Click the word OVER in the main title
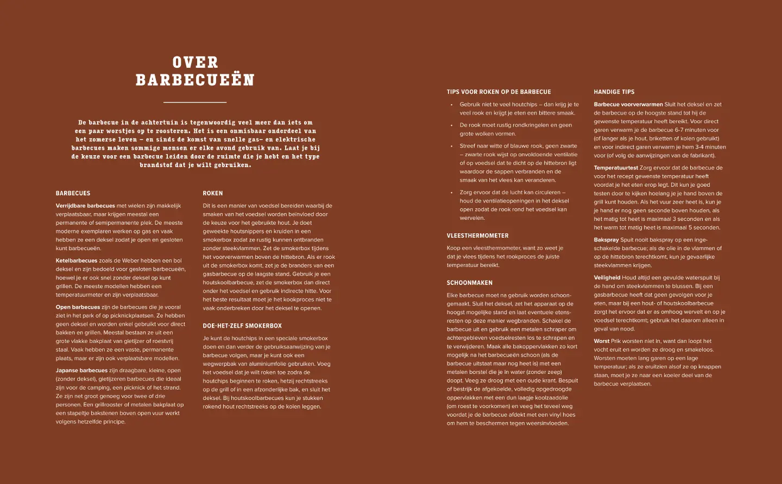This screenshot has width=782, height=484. pyautogui.click(x=195, y=62)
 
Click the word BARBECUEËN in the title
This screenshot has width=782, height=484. pyautogui.click(x=195, y=80)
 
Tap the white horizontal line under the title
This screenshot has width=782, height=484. pyautogui.click(x=195, y=102)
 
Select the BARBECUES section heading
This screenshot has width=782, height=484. pyautogui.click(x=73, y=193)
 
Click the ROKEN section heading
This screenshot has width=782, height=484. pyautogui.click(x=213, y=193)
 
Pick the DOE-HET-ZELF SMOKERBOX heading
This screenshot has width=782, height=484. pyautogui.click(x=242, y=326)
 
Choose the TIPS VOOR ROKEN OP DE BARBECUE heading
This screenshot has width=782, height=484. pyautogui.click(x=499, y=92)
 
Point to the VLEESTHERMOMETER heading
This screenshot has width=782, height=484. pyautogui.click(x=477, y=236)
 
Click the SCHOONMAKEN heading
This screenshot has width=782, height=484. pyautogui.click(x=469, y=283)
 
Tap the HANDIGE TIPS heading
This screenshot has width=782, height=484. pyautogui.click(x=614, y=92)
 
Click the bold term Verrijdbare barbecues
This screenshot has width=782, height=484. pyautogui.click(x=85, y=206)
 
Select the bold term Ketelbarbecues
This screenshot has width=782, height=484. pyautogui.click(x=77, y=261)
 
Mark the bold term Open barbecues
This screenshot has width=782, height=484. pyautogui.click(x=78, y=307)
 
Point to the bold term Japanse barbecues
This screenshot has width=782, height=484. pyautogui.click(x=81, y=371)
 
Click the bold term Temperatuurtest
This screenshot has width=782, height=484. pyautogui.click(x=616, y=168)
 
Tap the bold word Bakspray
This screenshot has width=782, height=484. pyautogui.click(x=606, y=240)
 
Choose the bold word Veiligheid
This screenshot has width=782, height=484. pyautogui.click(x=607, y=278)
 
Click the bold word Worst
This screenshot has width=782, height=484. pyautogui.click(x=602, y=341)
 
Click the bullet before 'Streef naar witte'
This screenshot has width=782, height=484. pyautogui.click(x=451, y=146)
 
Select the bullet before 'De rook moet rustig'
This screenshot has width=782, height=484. pyautogui.click(x=451, y=125)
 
